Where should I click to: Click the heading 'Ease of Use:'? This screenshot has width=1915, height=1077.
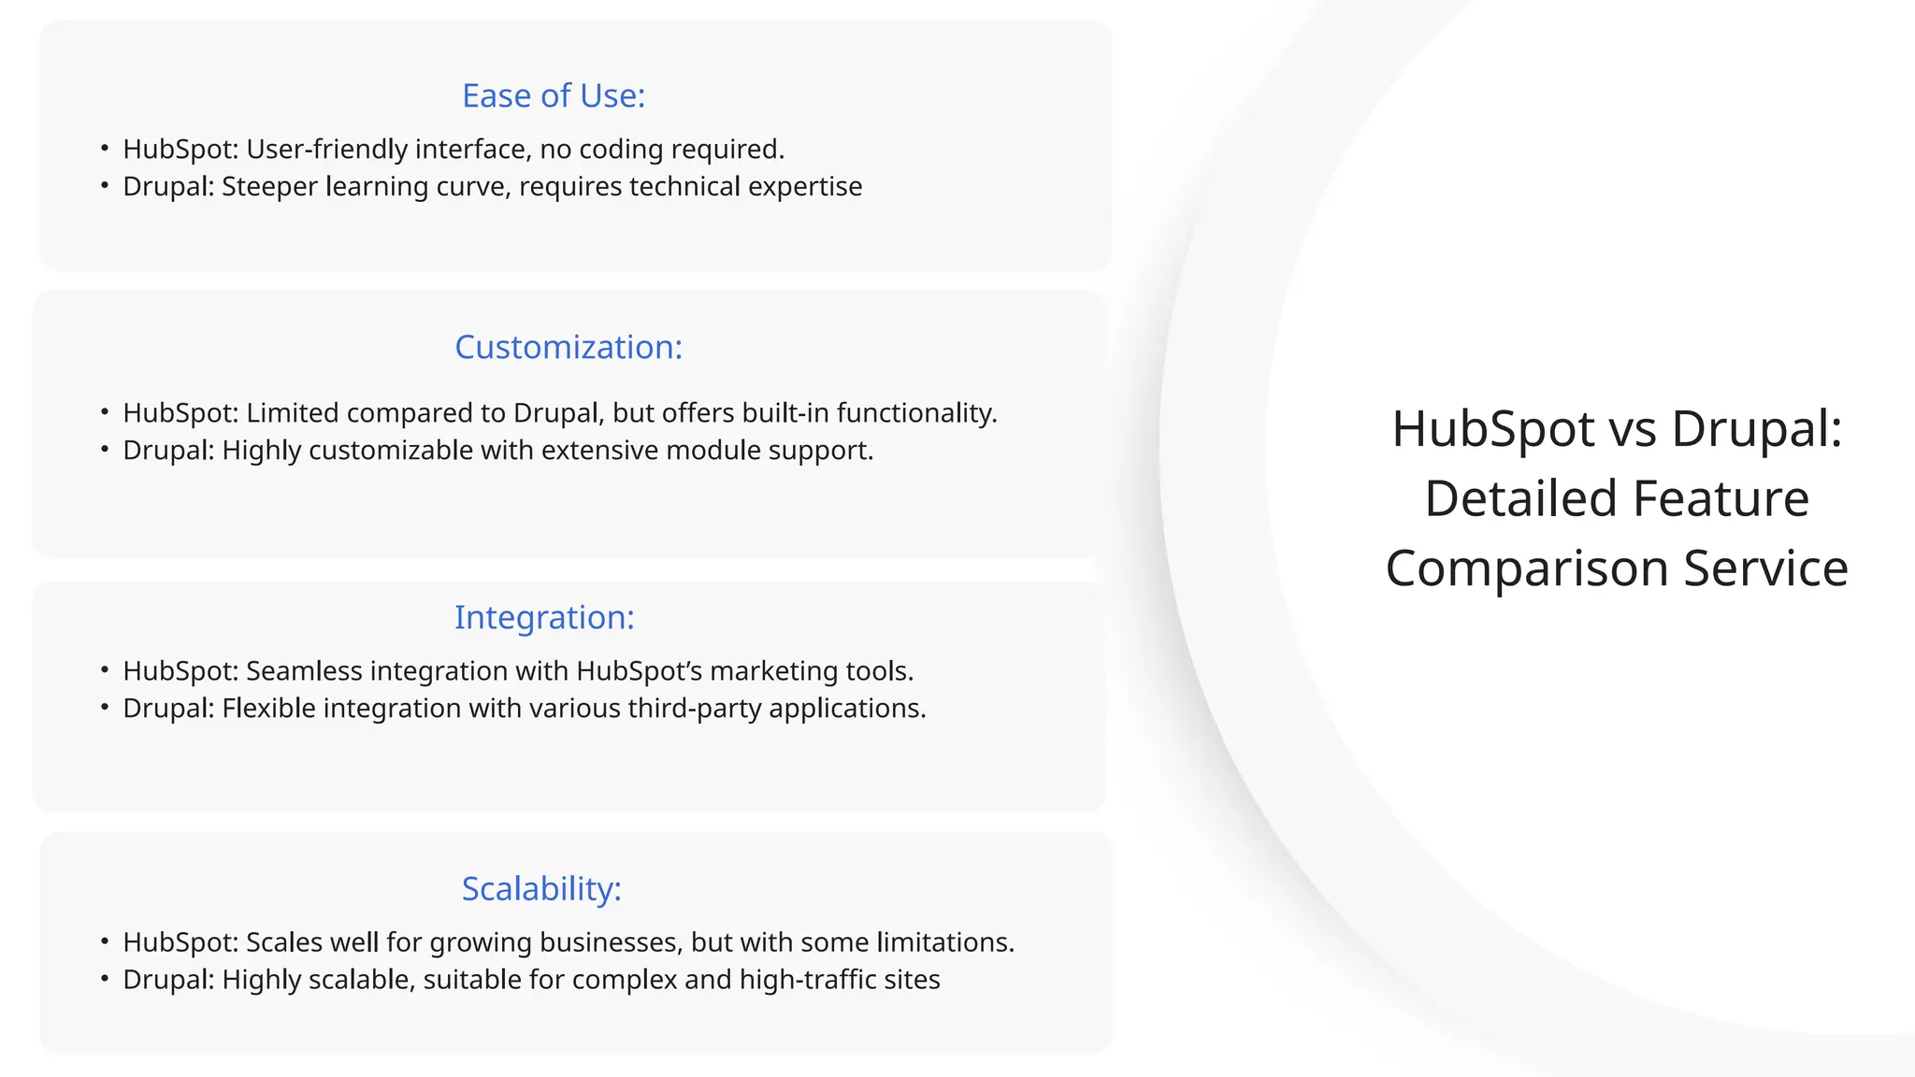(x=554, y=95)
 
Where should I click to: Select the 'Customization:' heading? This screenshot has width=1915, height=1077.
(x=569, y=347)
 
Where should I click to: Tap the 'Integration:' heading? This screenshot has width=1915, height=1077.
(x=544, y=617)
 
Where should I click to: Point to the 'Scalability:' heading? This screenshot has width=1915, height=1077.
(x=541, y=888)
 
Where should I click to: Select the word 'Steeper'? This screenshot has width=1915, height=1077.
(x=269, y=187)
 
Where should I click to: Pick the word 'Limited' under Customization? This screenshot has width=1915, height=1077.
(x=292, y=413)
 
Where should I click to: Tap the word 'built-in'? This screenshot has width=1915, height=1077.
(x=785, y=413)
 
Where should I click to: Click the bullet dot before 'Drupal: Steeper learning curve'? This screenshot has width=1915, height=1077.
(x=105, y=186)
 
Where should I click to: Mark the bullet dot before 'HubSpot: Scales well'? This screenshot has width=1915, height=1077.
(x=105, y=941)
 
